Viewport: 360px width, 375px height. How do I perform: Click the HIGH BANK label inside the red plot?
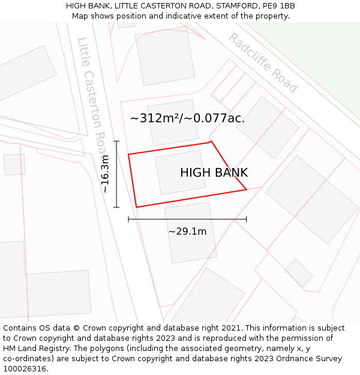tap(214, 173)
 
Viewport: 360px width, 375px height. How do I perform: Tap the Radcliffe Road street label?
tap(263, 63)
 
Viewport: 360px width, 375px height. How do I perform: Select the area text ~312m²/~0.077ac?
tap(187, 118)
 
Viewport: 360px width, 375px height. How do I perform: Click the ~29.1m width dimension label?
tap(187, 232)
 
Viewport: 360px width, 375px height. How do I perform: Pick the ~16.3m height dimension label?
tap(106, 174)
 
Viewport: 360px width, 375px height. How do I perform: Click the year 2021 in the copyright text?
tap(232, 328)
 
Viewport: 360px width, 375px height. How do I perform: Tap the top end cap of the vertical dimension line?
tap(116, 142)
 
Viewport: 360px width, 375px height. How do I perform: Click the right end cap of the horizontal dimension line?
tap(246, 220)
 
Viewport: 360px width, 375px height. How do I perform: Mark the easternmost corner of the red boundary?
tap(247, 190)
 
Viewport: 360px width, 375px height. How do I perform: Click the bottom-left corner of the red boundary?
tap(137, 207)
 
